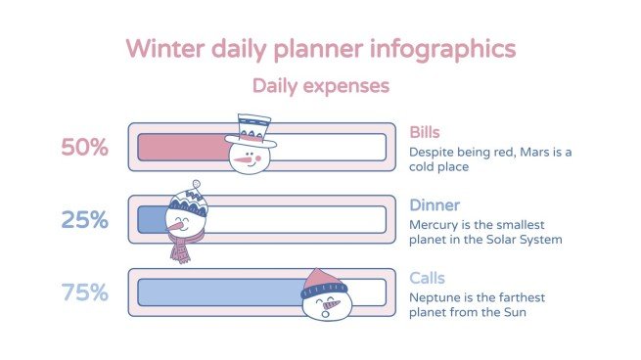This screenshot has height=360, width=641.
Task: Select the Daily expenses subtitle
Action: (320, 86)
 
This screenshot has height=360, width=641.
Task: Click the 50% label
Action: (84, 148)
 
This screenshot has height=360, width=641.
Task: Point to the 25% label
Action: (84, 220)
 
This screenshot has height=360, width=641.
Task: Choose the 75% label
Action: (84, 292)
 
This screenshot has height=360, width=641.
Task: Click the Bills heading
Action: (424, 131)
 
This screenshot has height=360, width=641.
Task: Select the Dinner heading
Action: (433, 204)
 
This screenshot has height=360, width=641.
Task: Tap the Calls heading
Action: (427, 277)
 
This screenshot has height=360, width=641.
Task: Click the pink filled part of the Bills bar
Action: (181, 148)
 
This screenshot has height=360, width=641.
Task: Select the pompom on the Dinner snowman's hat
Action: (197, 184)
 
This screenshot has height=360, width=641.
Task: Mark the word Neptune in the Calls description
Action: (435, 296)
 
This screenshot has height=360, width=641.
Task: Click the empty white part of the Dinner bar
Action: (294, 220)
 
